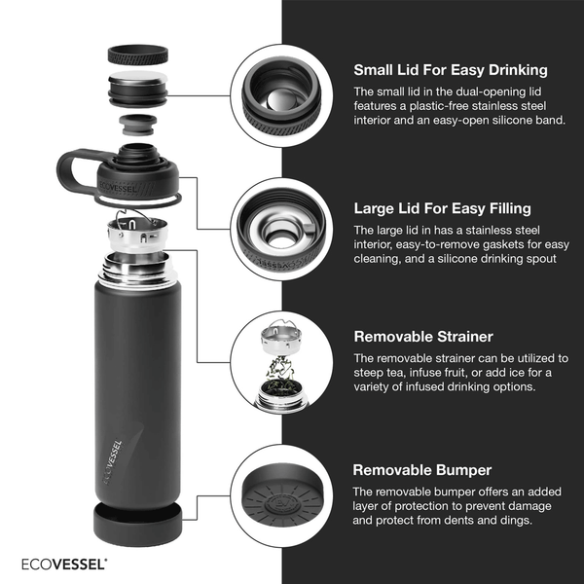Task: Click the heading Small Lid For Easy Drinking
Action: point(451,70)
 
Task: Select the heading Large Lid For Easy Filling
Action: point(442,208)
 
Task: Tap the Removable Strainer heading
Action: point(423,337)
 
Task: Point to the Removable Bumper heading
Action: point(422,470)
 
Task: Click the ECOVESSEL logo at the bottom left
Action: point(63,564)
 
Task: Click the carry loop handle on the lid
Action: point(76,169)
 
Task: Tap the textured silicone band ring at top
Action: point(138,55)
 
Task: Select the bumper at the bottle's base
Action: point(138,525)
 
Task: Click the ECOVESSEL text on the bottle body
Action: point(112,462)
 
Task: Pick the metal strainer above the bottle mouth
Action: point(137,234)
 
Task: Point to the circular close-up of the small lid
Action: point(281,95)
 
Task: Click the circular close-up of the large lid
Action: point(281,229)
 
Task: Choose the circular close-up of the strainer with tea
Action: point(281,362)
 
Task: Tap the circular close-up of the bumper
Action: point(281,495)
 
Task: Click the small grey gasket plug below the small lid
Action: point(138,125)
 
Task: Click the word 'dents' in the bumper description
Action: point(458,520)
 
